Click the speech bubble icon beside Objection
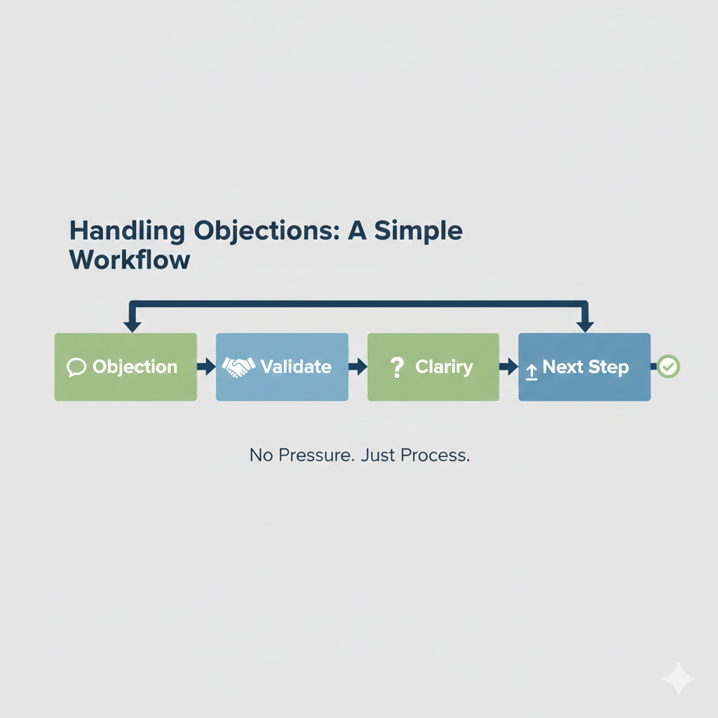click(x=76, y=367)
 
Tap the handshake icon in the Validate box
click(x=238, y=367)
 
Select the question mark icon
click(x=397, y=367)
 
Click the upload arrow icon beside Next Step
click(x=531, y=372)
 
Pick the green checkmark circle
click(x=668, y=366)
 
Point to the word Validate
click(x=296, y=367)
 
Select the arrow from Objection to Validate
click(x=207, y=366)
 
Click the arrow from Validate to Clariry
click(x=358, y=366)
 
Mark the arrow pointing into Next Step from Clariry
click(x=509, y=366)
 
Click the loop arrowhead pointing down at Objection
click(x=133, y=326)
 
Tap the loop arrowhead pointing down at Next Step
click(x=585, y=326)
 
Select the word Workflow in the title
click(x=130, y=259)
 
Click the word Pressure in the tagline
click(x=316, y=455)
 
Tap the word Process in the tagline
click(x=435, y=455)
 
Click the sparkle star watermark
click(x=679, y=679)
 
